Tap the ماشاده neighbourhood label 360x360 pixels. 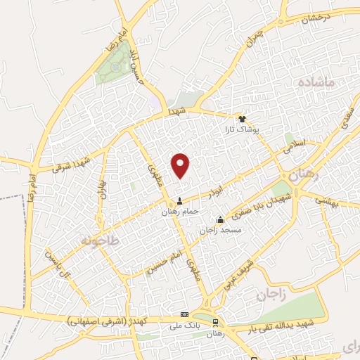[323, 83]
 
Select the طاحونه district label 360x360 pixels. [101, 240]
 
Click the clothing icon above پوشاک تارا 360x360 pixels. [243, 119]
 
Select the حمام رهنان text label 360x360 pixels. [181, 211]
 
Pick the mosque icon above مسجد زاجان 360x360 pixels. [220, 219]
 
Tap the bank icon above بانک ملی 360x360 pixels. [184, 314]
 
